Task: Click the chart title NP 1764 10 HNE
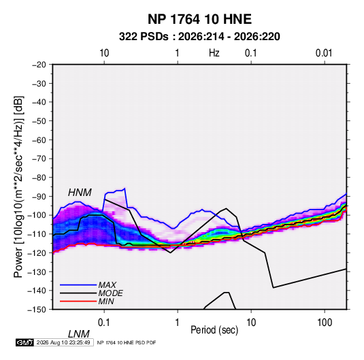coord(199,19)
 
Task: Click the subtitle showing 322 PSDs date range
coord(199,37)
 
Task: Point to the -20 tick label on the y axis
coord(39,65)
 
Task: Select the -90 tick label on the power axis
coord(39,197)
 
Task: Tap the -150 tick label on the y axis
coord(37,310)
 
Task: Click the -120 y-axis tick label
coord(37,253)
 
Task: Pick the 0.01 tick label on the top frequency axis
coord(324,53)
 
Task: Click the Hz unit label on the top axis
coord(214,53)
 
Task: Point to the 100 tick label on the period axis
coord(325,323)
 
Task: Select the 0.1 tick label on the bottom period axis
coord(104,323)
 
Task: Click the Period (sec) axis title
coord(214,330)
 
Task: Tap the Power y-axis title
coord(18,186)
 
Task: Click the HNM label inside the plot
coord(80,193)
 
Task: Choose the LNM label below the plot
coord(78,334)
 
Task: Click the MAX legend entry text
coord(107,285)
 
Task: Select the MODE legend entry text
coord(110,293)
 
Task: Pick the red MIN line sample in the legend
coord(78,301)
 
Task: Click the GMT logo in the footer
coord(25,342)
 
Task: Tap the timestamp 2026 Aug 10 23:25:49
coord(63,342)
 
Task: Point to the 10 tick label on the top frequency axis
coord(104,53)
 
